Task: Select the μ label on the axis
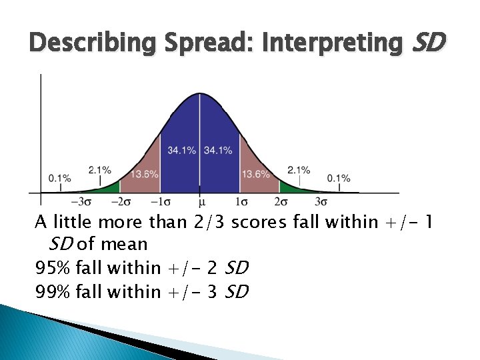(x=201, y=201)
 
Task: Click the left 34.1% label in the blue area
(x=181, y=151)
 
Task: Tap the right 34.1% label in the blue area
(x=218, y=151)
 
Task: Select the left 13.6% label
(x=144, y=175)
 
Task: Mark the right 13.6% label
(x=255, y=175)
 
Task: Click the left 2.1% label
(x=100, y=171)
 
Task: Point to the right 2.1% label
(x=299, y=171)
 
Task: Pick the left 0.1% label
(x=59, y=178)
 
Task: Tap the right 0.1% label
(x=338, y=178)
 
